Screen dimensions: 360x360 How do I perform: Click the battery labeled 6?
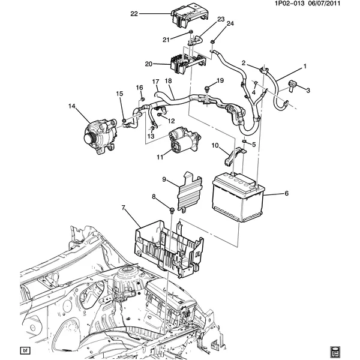[238, 197]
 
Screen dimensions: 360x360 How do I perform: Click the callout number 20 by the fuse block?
[148, 63]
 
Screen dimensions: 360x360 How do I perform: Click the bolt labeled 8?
[172, 208]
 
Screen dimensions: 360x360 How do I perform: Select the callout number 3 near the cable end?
[308, 91]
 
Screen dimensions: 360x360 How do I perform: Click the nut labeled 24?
[212, 42]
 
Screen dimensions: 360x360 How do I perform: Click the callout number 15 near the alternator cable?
[119, 93]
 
